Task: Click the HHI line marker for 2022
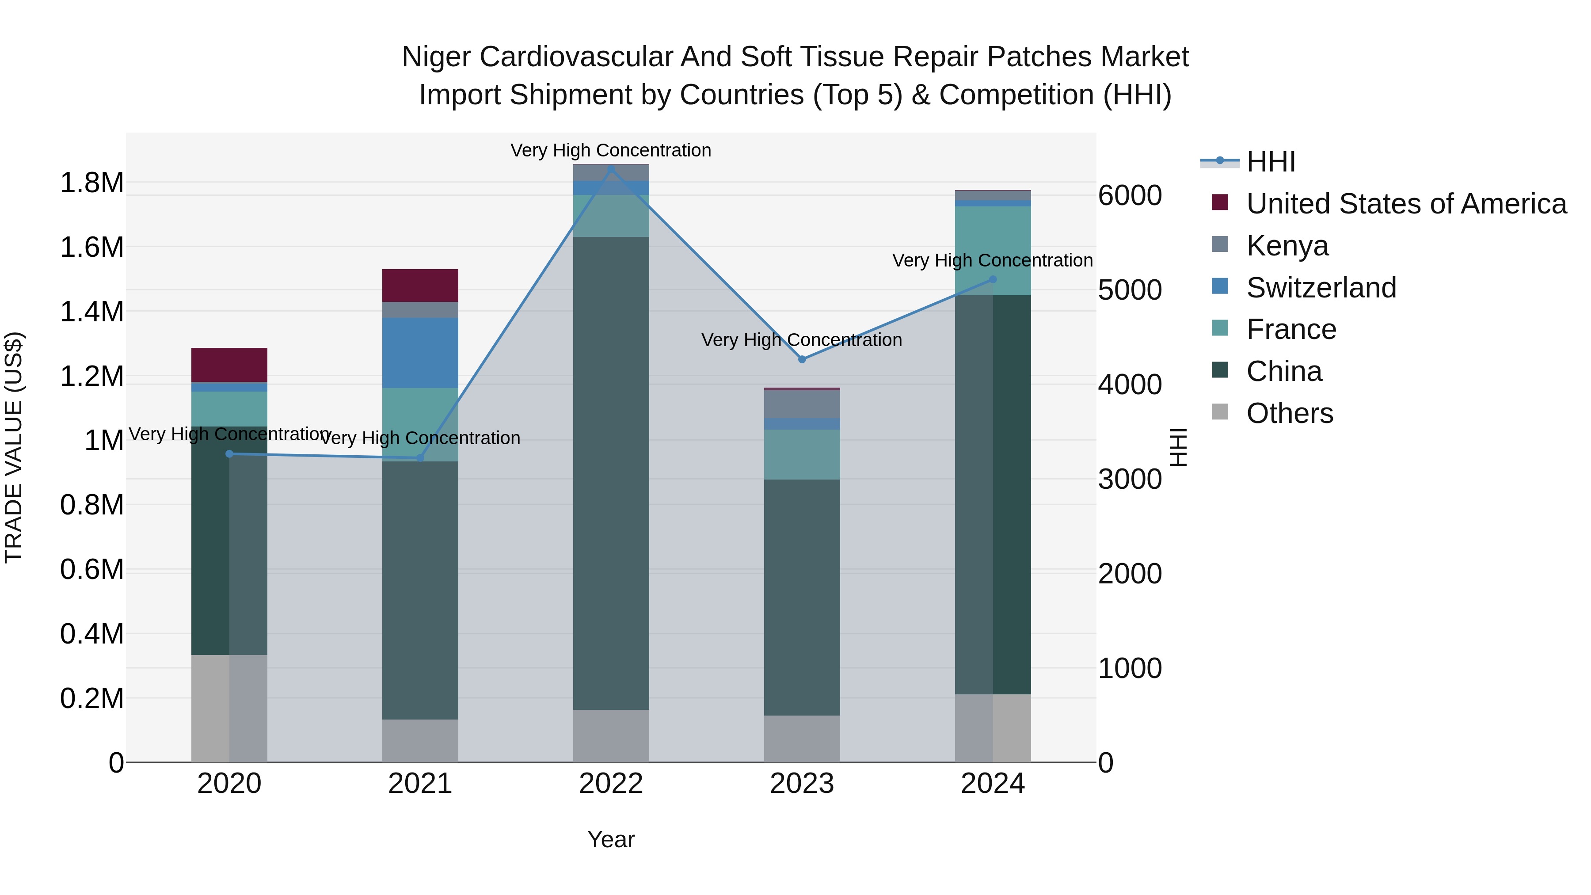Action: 611,169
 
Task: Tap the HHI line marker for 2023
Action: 802,359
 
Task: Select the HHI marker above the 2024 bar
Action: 993,279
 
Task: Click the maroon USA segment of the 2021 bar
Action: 420,286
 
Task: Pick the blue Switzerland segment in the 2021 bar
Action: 420,353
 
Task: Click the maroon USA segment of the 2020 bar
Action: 229,365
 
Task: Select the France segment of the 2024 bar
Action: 993,250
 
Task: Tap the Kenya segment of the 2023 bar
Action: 802,404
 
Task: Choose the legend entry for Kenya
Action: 1287,246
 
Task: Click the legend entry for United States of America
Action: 1406,204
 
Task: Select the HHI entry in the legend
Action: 1271,162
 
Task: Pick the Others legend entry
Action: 1290,413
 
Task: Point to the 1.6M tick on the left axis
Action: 91,248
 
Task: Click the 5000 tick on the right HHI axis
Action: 1130,289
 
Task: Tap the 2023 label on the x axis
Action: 802,784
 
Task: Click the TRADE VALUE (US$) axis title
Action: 14,447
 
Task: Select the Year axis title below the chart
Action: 611,839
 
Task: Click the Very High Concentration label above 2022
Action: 611,150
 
